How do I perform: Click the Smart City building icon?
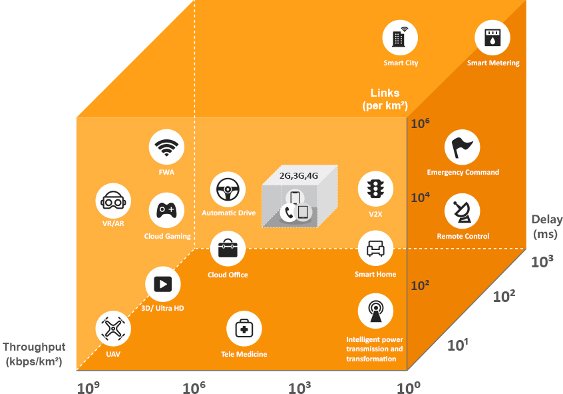tap(400, 37)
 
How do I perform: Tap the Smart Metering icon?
tap(492, 37)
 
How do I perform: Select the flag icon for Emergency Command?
tap(462, 147)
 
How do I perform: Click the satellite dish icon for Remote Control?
tap(462, 211)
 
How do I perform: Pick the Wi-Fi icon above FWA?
tap(166, 147)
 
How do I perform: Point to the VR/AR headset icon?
tap(113, 201)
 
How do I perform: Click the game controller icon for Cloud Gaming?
tap(166, 211)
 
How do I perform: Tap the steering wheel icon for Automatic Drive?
tap(228, 189)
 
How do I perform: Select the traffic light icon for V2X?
tap(375, 189)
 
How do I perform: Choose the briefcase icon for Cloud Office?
tap(228, 249)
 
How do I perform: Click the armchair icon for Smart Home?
tap(375, 248)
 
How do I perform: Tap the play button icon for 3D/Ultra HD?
tap(162, 284)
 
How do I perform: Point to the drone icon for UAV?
tap(113, 329)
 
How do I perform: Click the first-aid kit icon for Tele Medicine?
tap(244, 329)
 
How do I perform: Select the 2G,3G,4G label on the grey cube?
tap(299, 175)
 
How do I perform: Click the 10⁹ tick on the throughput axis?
tap(88, 387)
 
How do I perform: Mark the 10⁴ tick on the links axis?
tap(420, 197)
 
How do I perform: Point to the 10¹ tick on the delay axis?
tap(458, 345)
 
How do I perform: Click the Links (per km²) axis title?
tap(385, 99)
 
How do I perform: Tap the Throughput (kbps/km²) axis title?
tap(34, 354)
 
